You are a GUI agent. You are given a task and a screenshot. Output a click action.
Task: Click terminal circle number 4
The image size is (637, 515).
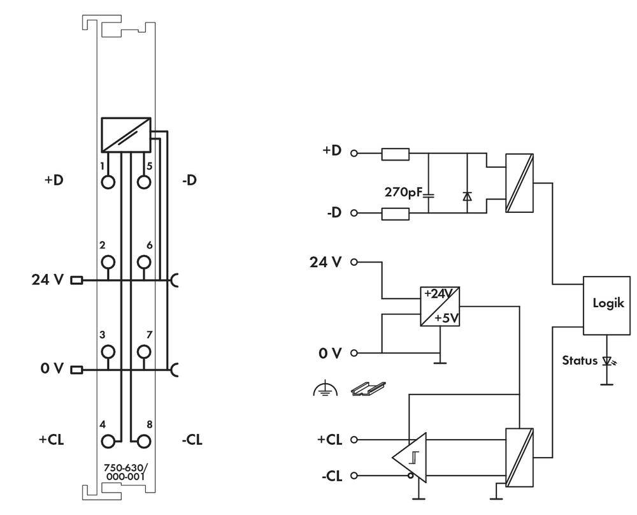pyautogui.click(x=109, y=440)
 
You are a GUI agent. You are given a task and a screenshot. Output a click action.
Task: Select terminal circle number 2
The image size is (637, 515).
pyautogui.click(x=109, y=262)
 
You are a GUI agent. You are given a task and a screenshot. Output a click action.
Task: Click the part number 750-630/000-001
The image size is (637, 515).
pyautogui.click(x=124, y=470)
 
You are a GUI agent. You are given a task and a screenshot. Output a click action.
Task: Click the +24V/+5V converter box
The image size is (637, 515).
pyautogui.click(x=440, y=306)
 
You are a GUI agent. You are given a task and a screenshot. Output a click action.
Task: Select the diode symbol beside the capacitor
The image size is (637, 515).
pyautogui.click(x=468, y=197)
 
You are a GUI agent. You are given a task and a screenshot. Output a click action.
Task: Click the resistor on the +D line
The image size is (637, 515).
pyautogui.click(x=396, y=154)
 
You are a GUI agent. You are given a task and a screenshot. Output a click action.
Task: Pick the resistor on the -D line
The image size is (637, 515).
pyautogui.click(x=396, y=213)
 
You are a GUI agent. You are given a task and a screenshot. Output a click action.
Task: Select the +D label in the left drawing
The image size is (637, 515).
pyautogui.click(x=54, y=180)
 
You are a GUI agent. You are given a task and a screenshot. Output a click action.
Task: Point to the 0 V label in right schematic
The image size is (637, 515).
pyautogui.click(x=331, y=351)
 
